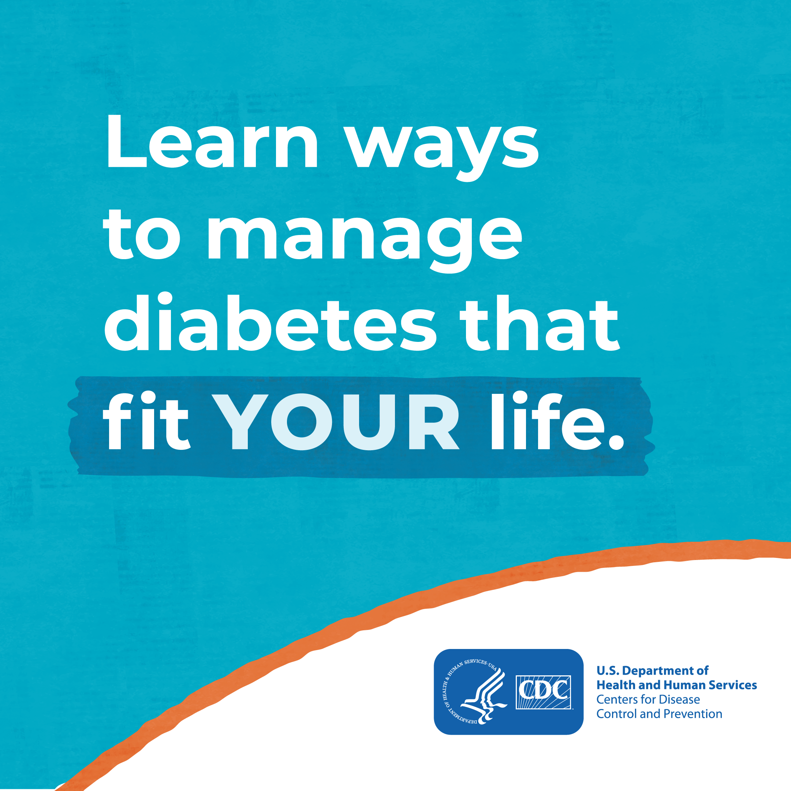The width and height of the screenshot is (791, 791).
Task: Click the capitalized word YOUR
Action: (x=337, y=422)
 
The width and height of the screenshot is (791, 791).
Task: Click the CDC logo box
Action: (x=543, y=692)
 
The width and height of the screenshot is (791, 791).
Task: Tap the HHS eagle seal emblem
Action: (x=475, y=692)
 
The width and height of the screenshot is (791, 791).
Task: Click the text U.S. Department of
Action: (x=652, y=670)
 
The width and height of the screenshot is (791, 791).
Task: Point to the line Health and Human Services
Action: (x=676, y=684)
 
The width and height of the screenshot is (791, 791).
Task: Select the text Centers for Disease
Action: (x=648, y=699)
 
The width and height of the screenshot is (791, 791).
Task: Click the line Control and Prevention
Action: (x=659, y=714)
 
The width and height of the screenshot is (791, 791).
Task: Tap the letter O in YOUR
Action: (x=302, y=422)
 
